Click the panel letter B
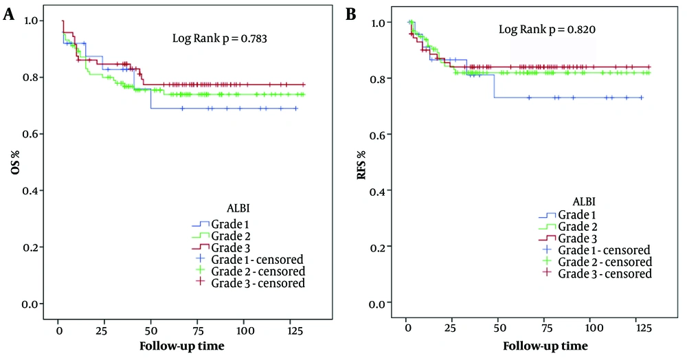point(352,15)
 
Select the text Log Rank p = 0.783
point(219,39)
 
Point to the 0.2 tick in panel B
point(378,246)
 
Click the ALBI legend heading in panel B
point(583,201)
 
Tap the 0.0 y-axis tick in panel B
point(378,302)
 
